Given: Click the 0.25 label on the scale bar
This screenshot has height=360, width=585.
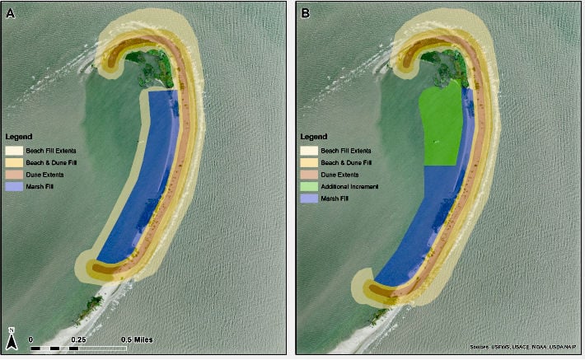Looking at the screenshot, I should click(80, 339).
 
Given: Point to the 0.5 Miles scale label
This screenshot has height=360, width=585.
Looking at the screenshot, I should click(137, 339).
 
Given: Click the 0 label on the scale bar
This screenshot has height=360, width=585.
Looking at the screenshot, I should click(30, 339).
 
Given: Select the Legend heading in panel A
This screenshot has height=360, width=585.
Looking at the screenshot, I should click(19, 137).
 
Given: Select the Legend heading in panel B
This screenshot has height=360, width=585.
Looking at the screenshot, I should click(313, 137).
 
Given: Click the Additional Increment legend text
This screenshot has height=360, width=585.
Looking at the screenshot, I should click(349, 187).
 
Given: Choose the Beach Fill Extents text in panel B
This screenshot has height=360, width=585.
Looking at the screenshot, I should click(346, 151).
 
